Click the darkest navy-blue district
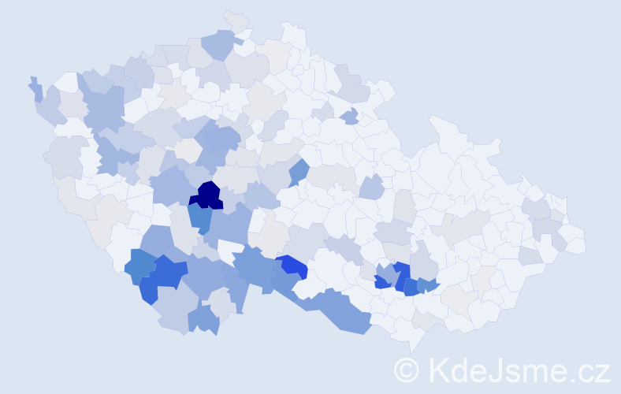coord(207,195)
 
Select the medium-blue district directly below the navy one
coord(200,217)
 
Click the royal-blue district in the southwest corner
coord(165,276)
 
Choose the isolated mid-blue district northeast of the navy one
coord(298,171)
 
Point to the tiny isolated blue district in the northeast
coord(350,117)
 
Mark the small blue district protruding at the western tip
coord(35,88)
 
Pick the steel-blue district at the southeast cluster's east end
coord(428,285)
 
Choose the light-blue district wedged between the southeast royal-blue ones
coord(388,273)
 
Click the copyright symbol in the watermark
coord(407,370)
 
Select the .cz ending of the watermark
coord(589,370)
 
